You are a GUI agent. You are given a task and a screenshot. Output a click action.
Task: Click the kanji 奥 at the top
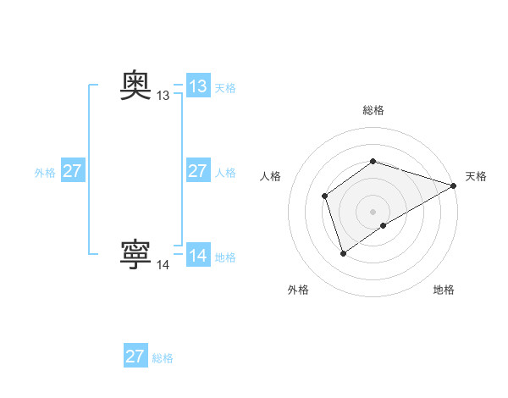click(x=136, y=86)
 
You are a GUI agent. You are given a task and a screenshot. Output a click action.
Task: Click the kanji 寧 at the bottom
click(x=136, y=254)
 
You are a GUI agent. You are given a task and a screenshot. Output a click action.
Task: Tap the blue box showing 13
click(x=197, y=86)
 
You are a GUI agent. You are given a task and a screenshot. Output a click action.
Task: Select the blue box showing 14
click(x=197, y=256)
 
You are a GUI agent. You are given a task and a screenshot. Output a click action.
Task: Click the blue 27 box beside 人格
click(x=197, y=171)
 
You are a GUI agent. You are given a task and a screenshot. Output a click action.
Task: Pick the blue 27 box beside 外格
click(x=72, y=171)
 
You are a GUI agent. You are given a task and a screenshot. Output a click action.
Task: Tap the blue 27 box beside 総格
click(x=135, y=357)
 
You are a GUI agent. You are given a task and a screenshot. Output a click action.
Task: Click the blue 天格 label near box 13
click(x=225, y=88)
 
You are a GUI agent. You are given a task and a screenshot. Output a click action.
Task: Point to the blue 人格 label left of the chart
click(x=225, y=173)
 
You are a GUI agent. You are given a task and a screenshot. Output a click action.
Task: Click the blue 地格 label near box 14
click(x=225, y=257)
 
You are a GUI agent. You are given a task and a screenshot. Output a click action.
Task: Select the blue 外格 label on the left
click(x=45, y=173)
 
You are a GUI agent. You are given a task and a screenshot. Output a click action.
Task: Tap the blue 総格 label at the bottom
click(x=163, y=358)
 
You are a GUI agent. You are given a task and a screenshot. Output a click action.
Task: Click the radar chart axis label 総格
click(x=373, y=110)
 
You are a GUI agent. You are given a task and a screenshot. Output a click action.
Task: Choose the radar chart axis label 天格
click(x=476, y=176)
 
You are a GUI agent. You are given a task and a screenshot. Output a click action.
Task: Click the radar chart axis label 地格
click(x=444, y=290)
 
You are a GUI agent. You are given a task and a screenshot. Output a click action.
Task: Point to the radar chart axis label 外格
click(x=298, y=290)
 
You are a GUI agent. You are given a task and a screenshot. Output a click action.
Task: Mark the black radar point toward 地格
click(x=384, y=225)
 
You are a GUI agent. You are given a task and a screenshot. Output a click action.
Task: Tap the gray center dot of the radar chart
click(x=373, y=212)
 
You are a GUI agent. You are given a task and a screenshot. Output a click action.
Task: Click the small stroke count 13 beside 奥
click(x=163, y=97)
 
